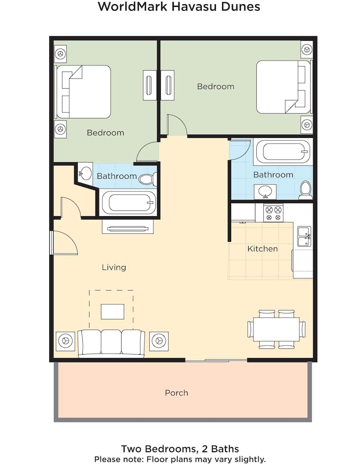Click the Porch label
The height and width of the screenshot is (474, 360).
point(176,392)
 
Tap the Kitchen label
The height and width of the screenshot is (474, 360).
point(262,249)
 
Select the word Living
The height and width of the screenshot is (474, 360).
point(114,267)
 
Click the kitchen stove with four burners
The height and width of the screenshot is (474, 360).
point(273,213)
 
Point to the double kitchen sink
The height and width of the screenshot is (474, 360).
point(305,237)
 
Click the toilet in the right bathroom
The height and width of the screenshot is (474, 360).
point(306,190)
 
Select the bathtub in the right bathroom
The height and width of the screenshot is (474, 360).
point(283,152)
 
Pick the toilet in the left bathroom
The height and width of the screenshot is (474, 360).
point(148,179)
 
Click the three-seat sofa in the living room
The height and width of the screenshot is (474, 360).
point(111,343)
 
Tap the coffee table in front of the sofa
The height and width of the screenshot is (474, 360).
point(112,312)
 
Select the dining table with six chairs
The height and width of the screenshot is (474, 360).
point(276,329)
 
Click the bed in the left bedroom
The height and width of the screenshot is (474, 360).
point(83,91)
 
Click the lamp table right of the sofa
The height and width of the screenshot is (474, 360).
point(159,341)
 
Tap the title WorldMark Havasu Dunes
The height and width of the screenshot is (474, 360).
point(179,6)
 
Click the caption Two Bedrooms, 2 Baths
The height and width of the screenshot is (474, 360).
point(180,448)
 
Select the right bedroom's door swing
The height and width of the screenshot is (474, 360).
point(177,125)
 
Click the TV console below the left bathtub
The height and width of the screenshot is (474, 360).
point(128,227)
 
